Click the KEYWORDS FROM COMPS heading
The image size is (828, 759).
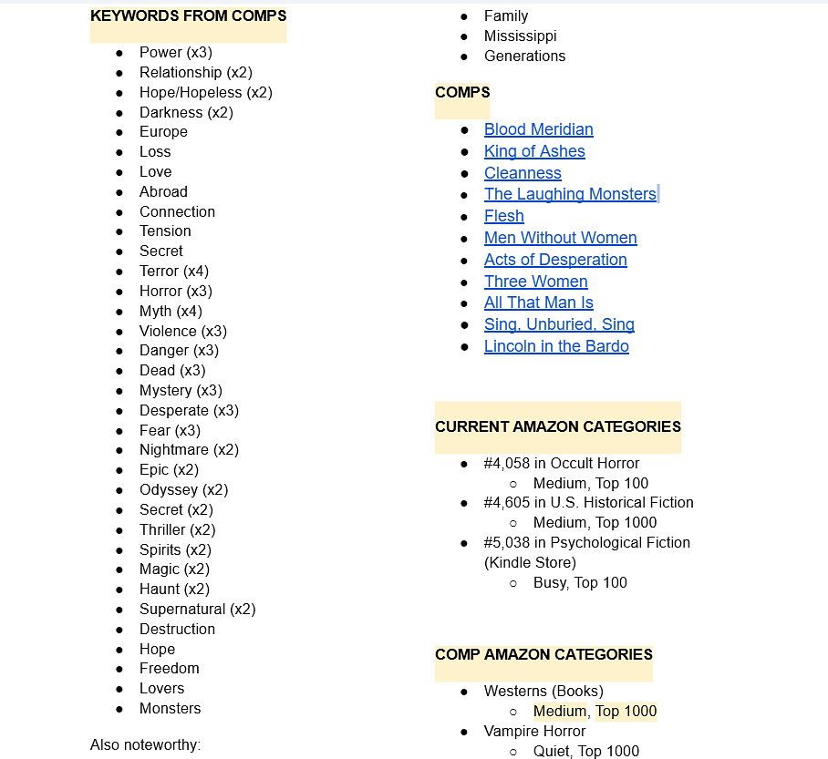[188, 15]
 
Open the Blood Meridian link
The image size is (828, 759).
[538, 129]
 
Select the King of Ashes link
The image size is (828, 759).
[534, 151]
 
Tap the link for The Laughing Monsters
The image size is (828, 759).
[570, 194]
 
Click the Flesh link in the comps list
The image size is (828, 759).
[503, 216]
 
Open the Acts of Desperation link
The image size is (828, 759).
[555, 260]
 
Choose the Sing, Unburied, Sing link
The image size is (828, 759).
[559, 324]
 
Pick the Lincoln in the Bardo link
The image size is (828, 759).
[556, 346]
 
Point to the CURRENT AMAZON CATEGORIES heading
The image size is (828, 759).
[557, 426]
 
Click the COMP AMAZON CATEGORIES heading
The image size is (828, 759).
[543, 654]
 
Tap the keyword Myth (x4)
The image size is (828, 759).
[171, 311]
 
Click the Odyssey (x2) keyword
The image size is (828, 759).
[183, 489]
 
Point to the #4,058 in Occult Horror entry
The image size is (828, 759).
[561, 463]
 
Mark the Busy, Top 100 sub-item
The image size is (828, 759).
[580, 582]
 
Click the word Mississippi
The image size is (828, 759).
[520, 36]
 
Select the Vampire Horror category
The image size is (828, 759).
[534, 731]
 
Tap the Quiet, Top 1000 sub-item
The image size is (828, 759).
[585, 751]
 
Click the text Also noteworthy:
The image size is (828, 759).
[145, 745]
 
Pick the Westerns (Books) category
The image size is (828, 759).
[543, 691]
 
